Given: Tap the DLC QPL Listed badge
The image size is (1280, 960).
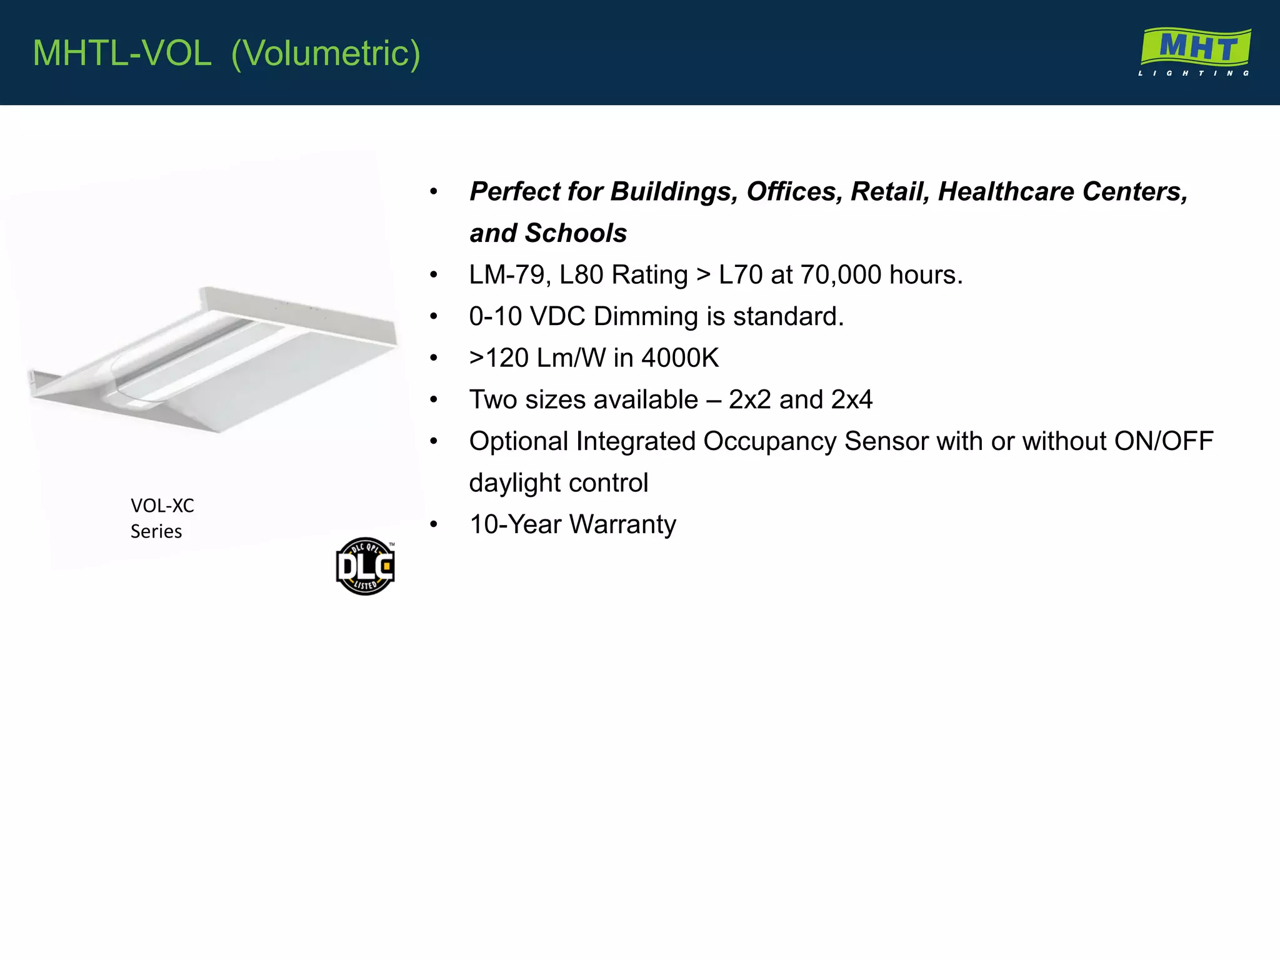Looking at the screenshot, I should (x=366, y=566).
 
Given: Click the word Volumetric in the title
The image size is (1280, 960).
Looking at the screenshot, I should (x=326, y=53).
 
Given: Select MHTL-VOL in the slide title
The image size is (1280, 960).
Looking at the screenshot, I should (x=122, y=53).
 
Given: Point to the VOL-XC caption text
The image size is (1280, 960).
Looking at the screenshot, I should (x=162, y=505).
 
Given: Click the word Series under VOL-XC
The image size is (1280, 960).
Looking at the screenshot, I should (x=156, y=531).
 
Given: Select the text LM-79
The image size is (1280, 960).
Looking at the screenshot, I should (x=506, y=275).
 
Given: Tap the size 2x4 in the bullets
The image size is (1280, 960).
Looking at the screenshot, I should (x=851, y=399).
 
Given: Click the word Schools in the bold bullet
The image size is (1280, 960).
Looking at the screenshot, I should (x=576, y=233).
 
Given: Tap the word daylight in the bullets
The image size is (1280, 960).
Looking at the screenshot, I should (x=514, y=483).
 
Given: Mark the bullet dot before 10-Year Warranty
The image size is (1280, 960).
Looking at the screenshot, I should (x=434, y=524).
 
